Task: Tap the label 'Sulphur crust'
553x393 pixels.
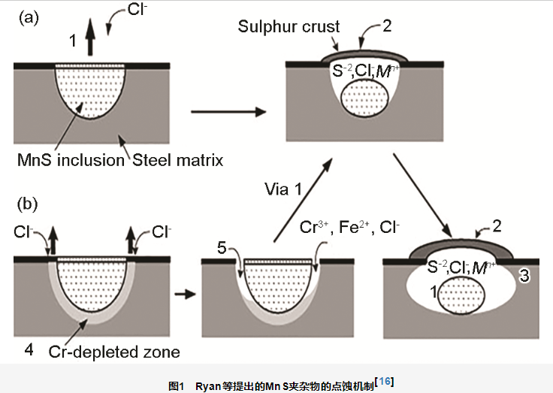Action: tap(289, 27)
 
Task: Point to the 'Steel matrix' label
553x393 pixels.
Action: tap(178, 160)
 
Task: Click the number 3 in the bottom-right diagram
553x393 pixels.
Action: tap(525, 277)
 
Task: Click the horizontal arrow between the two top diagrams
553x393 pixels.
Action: tap(229, 113)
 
